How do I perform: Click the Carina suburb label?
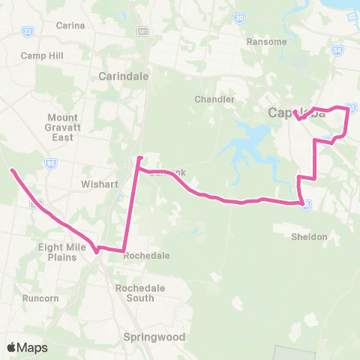tap(70, 25)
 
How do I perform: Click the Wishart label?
tap(97, 182)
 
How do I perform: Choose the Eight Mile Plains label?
tap(58, 252)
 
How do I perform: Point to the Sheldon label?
tap(309, 237)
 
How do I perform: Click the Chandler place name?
tap(214, 99)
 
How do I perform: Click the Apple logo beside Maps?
tap(11, 347)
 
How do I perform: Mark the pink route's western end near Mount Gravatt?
tap(12, 171)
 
